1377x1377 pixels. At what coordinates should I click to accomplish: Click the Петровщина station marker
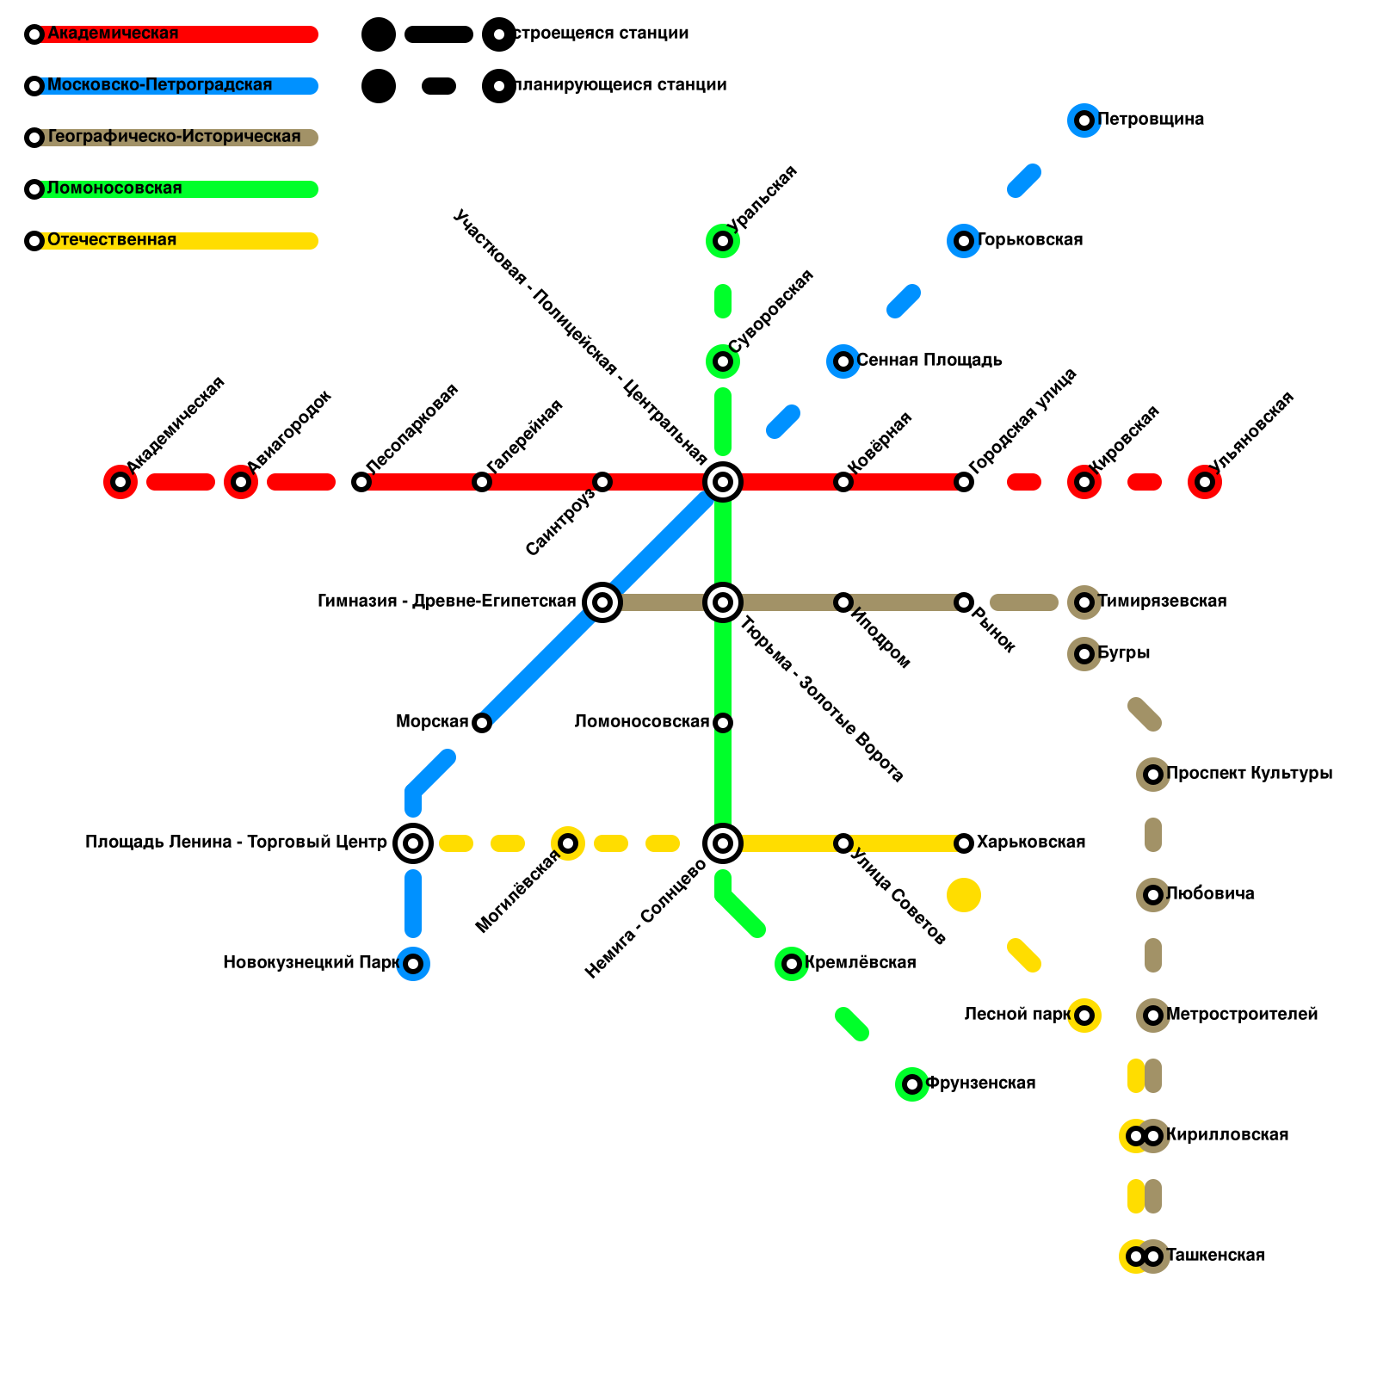[1084, 120]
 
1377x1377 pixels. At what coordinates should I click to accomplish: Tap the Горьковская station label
[1030, 240]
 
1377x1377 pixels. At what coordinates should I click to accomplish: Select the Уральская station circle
[723, 241]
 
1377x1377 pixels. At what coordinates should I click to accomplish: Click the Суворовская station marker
[723, 361]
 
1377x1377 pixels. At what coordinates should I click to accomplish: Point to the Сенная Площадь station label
[929, 361]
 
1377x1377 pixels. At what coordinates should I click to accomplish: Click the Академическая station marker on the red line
[120, 482]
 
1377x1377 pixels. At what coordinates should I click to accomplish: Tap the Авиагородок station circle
[241, 482]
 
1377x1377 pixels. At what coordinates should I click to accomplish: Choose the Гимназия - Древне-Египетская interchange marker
[602, 602]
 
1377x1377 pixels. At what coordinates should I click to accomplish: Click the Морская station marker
[482, 723]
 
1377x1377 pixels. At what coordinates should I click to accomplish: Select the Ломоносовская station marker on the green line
[723, 723]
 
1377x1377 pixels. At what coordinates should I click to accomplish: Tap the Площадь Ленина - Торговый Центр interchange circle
[413, 843]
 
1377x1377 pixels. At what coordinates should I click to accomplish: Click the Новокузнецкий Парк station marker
[413, 964]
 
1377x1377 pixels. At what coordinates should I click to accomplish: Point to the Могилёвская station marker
[568, 843]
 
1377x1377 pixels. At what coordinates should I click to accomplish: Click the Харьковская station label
[1031, 843]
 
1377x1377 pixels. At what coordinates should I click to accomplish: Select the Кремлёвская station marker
[792, 964]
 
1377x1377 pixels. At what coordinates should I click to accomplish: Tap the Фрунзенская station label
[980, 1084]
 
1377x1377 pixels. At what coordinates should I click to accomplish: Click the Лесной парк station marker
[1084, 1016]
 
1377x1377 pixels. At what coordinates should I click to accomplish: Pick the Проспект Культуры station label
[1250, 774]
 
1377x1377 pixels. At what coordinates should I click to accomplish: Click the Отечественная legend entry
[112, 240]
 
